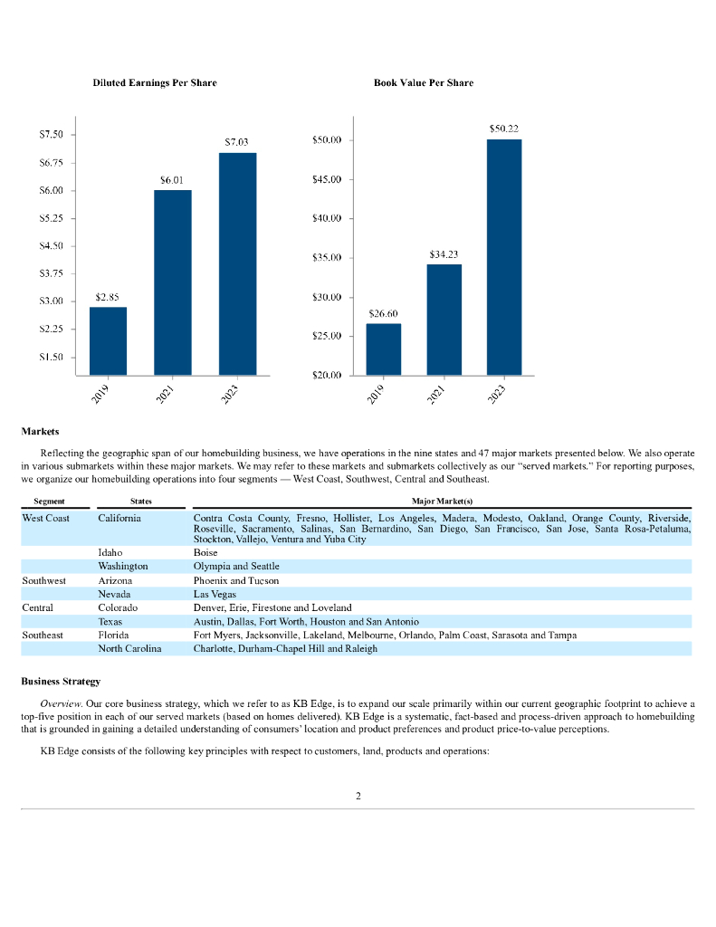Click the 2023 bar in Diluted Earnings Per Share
tap(237, 263)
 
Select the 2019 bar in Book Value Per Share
tap(383, 349)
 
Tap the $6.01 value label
tap(172, 180)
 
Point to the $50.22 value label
tap(503, 129)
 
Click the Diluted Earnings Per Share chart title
tap(155, 82)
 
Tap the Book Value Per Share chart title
tap(423, 82)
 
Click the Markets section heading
tap(40, 431)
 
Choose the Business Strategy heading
tap(61, 681)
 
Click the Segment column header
tap(48, 501)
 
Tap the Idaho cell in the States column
tap(110, 551)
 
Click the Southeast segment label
tap(43, 636)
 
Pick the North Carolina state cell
tap(129, 649)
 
